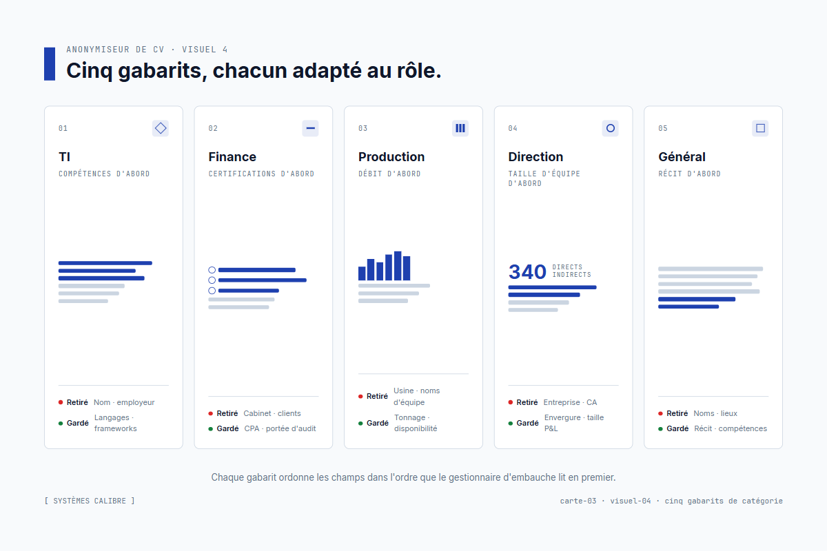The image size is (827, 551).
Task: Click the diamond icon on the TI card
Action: point(161,128)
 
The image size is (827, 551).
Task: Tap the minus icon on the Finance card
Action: point(310,128)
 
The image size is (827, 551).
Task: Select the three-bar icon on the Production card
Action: point(460,128)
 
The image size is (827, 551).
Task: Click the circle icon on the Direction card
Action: point(610,128)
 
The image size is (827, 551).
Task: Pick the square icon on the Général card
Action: point(760,128)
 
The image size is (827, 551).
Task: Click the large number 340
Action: point(527,272)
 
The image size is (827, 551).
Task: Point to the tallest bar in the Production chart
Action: point(398,266)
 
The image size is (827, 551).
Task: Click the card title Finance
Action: point(232,157)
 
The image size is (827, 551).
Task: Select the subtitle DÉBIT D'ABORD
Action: point(389,174)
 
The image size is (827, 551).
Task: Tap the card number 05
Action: point(663,129)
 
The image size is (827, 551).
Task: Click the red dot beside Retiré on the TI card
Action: point(61,402)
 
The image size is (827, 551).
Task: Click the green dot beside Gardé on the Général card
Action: point(660,428)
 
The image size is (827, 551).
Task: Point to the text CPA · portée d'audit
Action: point(280,428)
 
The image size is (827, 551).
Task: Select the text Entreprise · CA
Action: point(570,402)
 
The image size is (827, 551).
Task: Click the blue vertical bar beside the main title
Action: point(50,64)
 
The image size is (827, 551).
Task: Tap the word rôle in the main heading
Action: point(414,70)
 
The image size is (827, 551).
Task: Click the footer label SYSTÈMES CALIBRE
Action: point(90,501)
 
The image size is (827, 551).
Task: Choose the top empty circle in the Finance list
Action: point(212,270)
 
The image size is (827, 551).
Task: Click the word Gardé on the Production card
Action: point(377,423)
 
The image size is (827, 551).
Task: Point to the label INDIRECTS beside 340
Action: point(571,275)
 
